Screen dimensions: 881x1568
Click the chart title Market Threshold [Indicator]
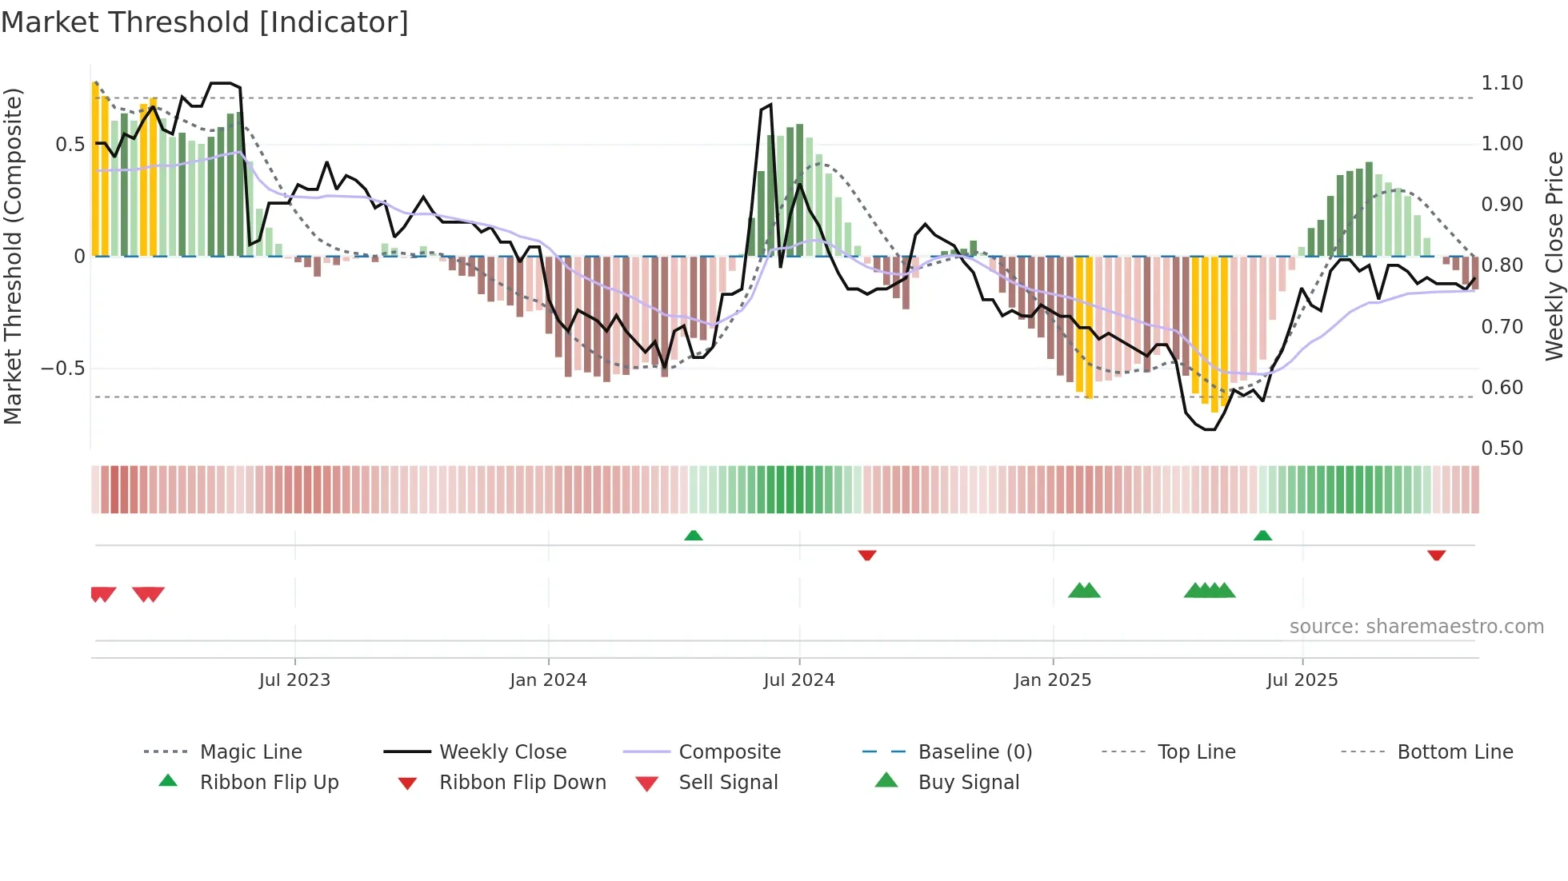205,22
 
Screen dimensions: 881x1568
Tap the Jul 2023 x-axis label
294,680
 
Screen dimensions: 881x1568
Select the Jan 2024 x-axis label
548,680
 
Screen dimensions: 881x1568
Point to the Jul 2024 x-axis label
798,680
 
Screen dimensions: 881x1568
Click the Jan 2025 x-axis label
1052,680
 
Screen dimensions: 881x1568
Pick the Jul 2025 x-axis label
1302,680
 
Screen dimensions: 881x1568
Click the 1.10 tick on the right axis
1502,83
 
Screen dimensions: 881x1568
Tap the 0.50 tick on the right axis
1502,448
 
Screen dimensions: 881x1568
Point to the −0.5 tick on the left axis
62,369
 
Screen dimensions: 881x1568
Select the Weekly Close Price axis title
1554,256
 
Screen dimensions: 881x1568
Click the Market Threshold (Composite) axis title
13,256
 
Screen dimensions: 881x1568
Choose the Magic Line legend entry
250,752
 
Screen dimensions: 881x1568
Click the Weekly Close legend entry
502,752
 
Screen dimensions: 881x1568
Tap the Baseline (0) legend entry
974,752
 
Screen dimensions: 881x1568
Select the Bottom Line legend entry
1454,752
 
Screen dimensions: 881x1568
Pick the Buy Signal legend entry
968,783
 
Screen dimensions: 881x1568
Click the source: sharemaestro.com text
1416,627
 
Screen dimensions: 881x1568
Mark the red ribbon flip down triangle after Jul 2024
867,555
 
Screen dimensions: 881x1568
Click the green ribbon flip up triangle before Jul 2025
1262,536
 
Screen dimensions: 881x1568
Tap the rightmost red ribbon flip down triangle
1436,555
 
